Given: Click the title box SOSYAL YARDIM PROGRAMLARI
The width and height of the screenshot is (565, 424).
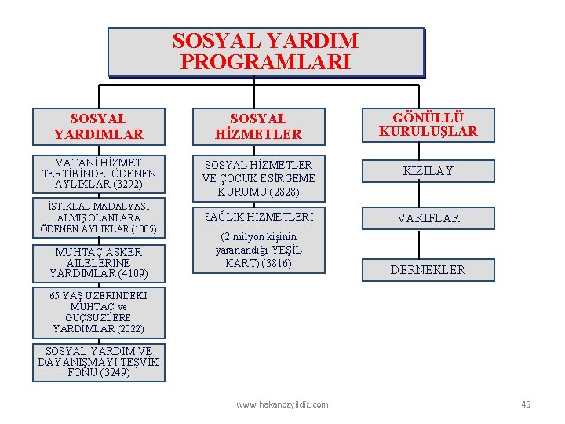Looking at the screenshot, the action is click(x=265, y=52).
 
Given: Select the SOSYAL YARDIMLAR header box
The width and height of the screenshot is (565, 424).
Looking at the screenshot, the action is click(x=99, y=127).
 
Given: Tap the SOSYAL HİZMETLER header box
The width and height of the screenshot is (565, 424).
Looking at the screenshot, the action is click(x=258, y=127).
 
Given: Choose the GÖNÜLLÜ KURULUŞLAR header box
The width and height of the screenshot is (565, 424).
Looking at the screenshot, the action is click(x=428, y=125).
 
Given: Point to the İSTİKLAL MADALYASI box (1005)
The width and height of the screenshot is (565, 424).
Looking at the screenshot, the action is click(x=99, y=217).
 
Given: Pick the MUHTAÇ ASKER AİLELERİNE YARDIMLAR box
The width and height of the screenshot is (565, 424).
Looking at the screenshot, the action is click(x=99, y=263).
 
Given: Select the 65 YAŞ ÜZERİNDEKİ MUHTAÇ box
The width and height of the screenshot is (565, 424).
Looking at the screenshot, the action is click(x=99, y=312).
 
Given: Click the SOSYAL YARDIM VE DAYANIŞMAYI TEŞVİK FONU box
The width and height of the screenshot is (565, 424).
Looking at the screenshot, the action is click(x=99, y=362).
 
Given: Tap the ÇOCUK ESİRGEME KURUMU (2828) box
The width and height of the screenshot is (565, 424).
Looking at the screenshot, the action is click(x=258, y=178).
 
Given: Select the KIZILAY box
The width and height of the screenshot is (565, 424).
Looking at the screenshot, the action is click(x=428, y=171).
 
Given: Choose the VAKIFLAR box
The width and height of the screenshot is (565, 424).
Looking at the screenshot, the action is click(x=428, y=217).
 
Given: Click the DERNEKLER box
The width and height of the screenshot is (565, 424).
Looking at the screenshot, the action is click(x=428, y=270).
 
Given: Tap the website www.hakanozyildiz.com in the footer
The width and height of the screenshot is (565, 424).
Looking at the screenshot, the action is click(x=282, y=404).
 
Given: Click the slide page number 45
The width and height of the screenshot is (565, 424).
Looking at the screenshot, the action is click(x=526, y=404).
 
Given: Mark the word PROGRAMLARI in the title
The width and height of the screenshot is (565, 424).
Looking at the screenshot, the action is click(x=265, y=62).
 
